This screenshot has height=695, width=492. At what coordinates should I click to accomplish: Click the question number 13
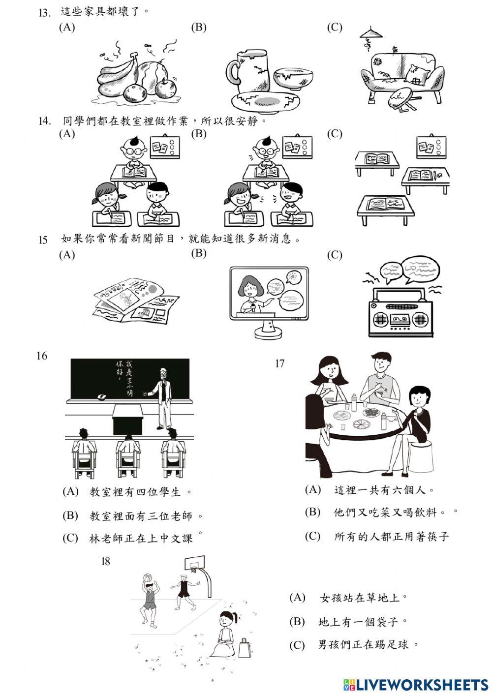point(45,13)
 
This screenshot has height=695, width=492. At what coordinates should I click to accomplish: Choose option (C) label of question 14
point(335,134)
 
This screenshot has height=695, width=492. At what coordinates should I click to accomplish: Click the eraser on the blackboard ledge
point(102,396)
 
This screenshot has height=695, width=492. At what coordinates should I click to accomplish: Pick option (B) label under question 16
point(70,515)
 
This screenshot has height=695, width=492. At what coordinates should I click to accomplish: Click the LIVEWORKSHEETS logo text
point(422,685)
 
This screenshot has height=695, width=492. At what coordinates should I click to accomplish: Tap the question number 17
point(280,363)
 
